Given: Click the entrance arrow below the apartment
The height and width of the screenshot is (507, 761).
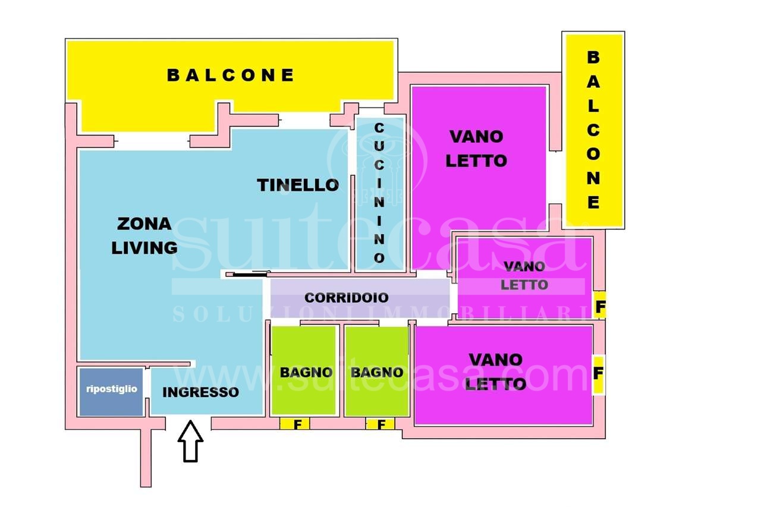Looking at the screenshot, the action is pos(190,441).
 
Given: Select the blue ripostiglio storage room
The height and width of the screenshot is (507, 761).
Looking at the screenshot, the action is pos(111,392).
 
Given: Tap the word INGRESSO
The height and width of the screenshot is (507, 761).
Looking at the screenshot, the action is pos(200,392).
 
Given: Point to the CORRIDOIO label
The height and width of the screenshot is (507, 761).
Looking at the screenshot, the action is pos(346,298).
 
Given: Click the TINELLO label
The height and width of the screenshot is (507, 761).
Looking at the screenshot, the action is pos(298,185).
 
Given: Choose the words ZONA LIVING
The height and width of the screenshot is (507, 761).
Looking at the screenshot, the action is pos(144,236).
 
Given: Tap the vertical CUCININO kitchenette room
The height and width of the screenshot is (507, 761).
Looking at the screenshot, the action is pos(379,194).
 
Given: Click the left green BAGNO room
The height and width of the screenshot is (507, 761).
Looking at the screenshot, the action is pos(303,370).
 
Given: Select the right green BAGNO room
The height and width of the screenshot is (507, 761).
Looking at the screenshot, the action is pos(376,371).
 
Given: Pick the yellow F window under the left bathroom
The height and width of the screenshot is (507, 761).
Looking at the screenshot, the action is pos(294,424).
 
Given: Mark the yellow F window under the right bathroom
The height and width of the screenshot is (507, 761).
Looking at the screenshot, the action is pos(380,424).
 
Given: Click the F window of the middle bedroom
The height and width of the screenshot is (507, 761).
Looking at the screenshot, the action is pos(600,306).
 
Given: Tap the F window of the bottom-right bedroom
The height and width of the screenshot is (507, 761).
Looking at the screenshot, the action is pos(598,374).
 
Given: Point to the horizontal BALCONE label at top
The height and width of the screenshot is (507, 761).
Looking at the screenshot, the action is pos(230,75).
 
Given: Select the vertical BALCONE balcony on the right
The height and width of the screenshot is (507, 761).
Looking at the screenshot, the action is pos(594,130).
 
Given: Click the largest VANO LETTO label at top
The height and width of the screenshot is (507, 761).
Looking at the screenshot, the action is pos(476,149).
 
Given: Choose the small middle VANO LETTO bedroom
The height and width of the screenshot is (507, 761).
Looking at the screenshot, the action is pos(524,278).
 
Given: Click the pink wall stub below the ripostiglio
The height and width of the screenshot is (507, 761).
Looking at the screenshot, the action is pos(146,458).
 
